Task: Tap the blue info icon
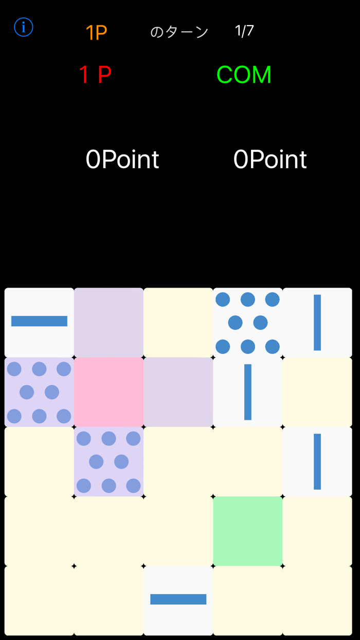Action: tap(24, 27)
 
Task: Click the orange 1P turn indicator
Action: tap(97, 32)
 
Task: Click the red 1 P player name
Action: tap(95, 75)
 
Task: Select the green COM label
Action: tap(244, 75)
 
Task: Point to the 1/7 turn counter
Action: tap(244, 31)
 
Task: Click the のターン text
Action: tap(179, 32)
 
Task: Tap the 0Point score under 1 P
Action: tap(122, 159)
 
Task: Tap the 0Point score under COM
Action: tap(270, 159)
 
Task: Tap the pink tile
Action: tap(109, 392)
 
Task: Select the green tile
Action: tap(247, 531)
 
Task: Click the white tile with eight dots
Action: tap(247, 323)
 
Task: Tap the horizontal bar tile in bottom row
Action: tap(178, 600)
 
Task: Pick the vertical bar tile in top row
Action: tap(317, 323)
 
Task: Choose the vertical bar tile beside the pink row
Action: tap(247, 392)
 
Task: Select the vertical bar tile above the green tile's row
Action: tap(317, 461)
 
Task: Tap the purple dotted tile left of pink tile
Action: tap(39, 392)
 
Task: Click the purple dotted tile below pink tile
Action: tap(109, 461)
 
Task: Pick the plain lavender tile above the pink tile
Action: tap(109, 323)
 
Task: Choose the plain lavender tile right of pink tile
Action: tap(178, 392)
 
